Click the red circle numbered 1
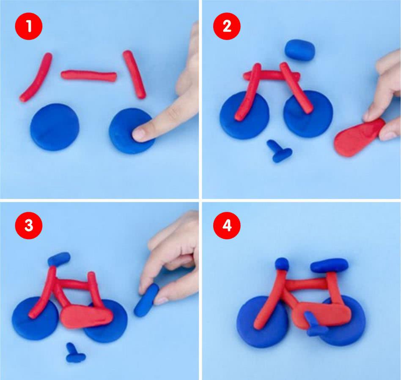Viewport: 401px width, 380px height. tap(29, 26)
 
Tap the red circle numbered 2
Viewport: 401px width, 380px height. tap(227, 26)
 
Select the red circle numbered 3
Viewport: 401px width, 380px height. tap(29, 225)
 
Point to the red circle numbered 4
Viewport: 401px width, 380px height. tap(227, 225)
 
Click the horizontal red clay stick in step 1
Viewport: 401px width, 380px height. tap(89, 76)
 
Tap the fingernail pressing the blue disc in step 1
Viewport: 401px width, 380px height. tap(140, 134)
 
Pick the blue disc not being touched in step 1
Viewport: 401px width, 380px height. tap(55, 127)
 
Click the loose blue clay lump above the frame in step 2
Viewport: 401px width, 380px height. tap(300, 49)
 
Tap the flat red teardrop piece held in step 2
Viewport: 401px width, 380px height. tap(358, 138)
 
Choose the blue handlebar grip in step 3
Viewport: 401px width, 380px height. tap(59, 258)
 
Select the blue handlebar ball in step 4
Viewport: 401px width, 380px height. tap(282, 264)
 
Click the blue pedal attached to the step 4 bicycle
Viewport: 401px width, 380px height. tap(315, 324)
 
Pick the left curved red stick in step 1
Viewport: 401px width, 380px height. tap(36, 77)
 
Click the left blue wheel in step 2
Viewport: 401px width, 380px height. tap(245, 115)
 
